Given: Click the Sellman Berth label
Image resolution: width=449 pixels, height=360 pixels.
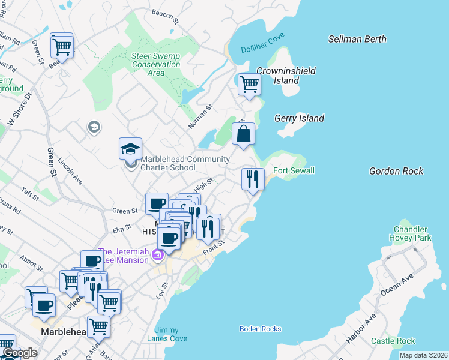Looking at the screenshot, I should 357,39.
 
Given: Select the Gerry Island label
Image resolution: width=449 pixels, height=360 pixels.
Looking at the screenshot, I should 299,118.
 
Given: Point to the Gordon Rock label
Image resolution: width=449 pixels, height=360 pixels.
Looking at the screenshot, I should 396,171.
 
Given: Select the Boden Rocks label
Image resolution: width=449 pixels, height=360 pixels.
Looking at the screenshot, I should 260,329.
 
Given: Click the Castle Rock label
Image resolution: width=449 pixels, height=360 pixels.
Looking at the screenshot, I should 393,341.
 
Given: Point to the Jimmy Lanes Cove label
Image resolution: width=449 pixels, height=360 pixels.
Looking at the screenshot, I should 170,334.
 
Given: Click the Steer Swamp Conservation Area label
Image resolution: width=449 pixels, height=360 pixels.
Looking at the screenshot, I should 156,64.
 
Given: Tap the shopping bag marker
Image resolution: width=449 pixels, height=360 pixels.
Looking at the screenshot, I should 243,134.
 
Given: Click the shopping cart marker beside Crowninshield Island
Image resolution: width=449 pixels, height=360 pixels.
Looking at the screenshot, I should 249,84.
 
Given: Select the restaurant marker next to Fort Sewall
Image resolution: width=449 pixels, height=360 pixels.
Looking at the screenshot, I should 253,179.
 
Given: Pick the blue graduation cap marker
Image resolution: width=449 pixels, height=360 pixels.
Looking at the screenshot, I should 130,148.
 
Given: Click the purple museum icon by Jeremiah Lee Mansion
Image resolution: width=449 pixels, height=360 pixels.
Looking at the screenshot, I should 158,256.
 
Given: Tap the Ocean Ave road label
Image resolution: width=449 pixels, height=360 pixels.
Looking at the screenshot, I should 397,285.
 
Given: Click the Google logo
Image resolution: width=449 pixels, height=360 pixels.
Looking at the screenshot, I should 20,353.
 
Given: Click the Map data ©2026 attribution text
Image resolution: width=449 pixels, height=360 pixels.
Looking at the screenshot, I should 423,355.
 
